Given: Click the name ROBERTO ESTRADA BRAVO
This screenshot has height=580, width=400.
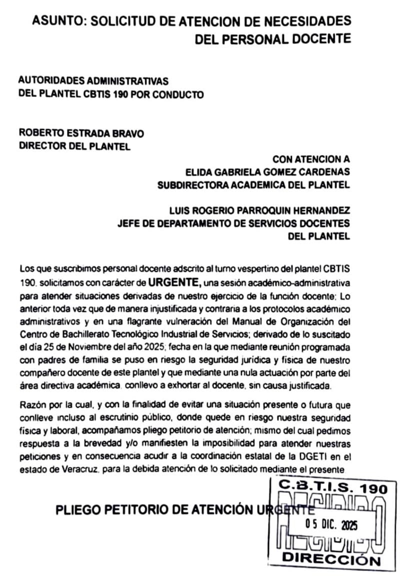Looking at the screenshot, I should click(81, 133).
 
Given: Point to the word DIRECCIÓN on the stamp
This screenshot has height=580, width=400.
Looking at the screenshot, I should click(331, 559).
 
